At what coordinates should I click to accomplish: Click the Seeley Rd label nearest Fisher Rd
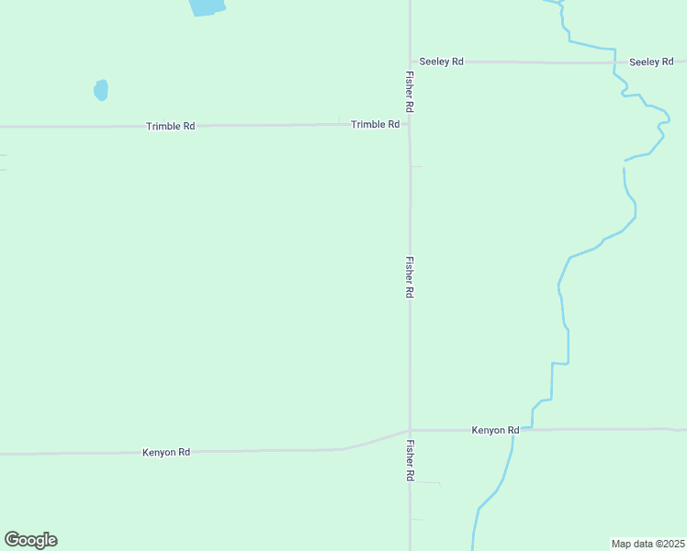[x=441, y=62]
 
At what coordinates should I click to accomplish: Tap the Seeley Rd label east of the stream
[x=651, y=62]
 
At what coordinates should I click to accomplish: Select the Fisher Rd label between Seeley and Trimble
[x=410, y=92]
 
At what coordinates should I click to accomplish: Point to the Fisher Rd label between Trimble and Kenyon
[x=410, y=276]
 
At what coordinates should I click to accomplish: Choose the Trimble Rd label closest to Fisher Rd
[x=375, y=124]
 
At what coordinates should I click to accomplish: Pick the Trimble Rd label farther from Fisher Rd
[x=170, y=126]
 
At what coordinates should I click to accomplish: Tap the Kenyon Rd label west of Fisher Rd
[x=166, y=453]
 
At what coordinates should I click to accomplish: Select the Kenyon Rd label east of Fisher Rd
[x=495, y=430]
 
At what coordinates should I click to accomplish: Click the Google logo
[x=30, y=540]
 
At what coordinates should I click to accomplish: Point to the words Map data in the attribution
[x=632, y=544]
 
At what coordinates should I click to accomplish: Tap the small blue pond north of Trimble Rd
[x=101, y=90]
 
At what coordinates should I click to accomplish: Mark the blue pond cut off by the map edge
[x=207, y=6]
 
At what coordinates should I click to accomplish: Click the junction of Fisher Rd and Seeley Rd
[x=410, y=62]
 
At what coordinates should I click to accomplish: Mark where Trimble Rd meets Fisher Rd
[x=410, y=124]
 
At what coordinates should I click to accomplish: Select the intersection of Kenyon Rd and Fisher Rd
[x=410, y=430]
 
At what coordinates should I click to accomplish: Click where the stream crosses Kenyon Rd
[x=512, y=430]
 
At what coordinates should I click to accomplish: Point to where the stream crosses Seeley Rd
[x=614, y=62]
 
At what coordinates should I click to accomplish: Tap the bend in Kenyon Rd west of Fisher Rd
[x=342, y=449]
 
